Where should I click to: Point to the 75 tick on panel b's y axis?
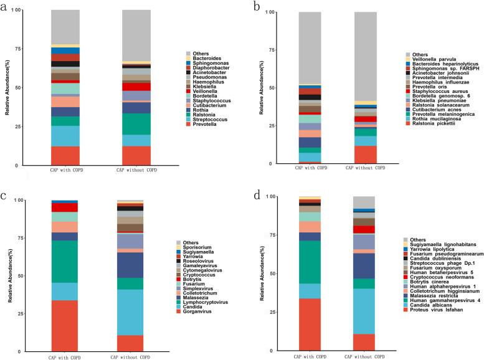coord(264,50)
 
